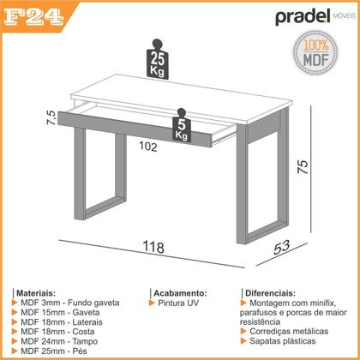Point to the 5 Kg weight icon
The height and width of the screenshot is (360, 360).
point(181,128)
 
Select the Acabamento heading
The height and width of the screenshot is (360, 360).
point(179,292)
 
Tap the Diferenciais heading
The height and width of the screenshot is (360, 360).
point(275,292)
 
